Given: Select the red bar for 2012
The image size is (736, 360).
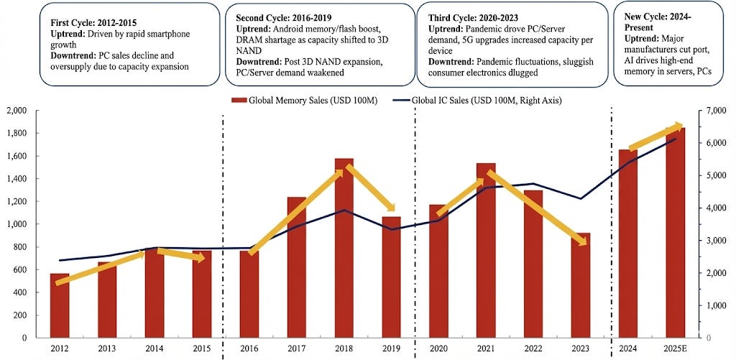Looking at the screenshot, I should pos(60,305).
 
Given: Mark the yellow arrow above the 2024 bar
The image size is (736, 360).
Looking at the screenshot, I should pos(655,137).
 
